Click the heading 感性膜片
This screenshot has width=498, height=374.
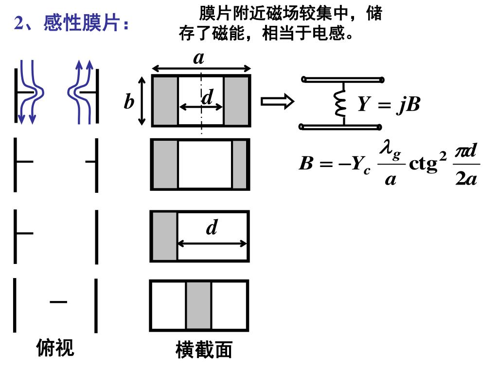(x=72, y=23)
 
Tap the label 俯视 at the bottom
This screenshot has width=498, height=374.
(x=55, y=348)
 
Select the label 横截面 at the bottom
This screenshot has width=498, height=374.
(x=204, y=350)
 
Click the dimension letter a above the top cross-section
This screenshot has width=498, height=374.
(x=198, y=58)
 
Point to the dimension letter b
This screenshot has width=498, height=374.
(x=128, y=102)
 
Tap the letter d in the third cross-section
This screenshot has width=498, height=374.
(x=212, y=227)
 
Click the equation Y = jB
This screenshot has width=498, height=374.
(x=389, y=104)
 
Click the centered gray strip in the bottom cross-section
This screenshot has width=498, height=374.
(x=198, y=305)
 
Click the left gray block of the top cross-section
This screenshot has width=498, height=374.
(x=165, y=100)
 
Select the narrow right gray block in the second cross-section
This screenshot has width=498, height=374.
(x=239, y=164)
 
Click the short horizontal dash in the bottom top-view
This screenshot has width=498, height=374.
(x=58, y=302)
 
